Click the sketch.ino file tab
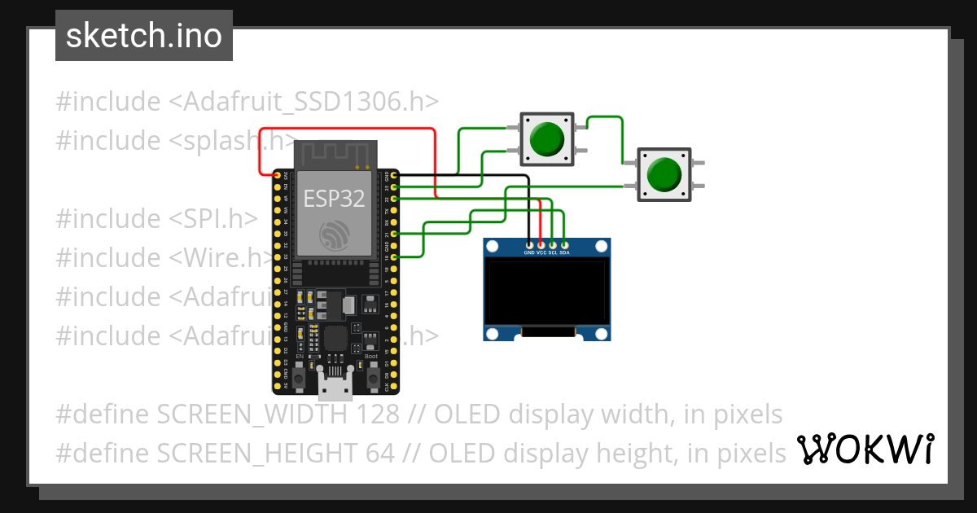(143, 36)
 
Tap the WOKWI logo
(865, 448)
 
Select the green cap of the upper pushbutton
(546, 138)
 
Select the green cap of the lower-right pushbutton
(664, 173)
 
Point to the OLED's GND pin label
(529, 253)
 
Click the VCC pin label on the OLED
(541, 253)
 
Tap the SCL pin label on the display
(552, 253)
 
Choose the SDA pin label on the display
(564, 253)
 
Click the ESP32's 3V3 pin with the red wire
(278, 175)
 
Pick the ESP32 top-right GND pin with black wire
(394, 175)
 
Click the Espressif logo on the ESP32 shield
(335, 235)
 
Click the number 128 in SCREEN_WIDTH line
(378, 414)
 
